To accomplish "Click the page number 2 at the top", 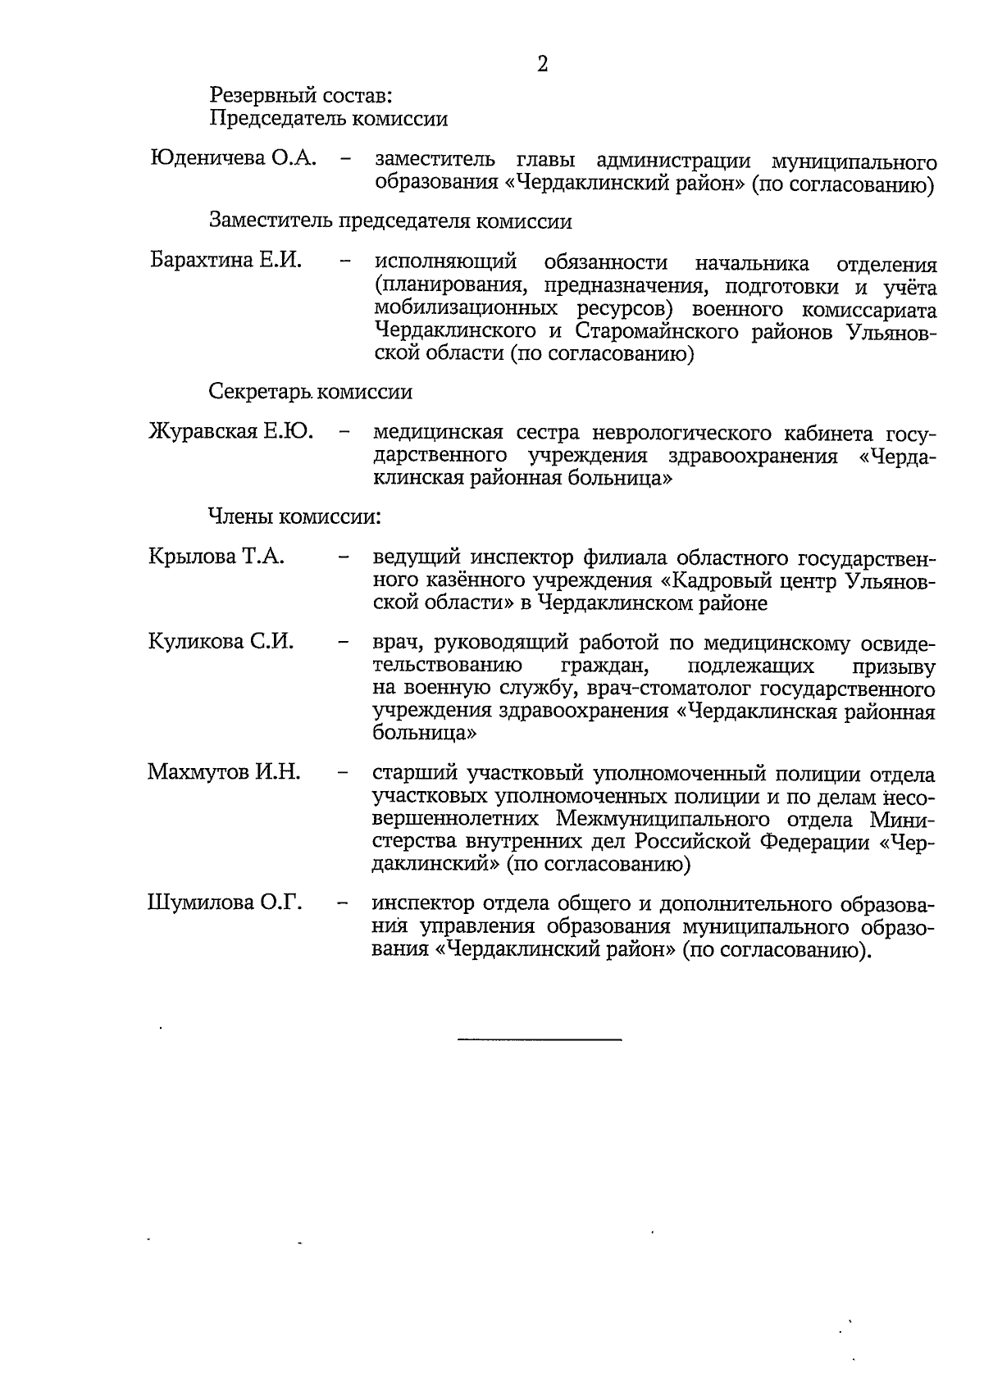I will [x=542, y=64].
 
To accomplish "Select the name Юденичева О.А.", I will [x=233, y=157].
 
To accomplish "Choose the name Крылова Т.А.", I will [x=216, y=557].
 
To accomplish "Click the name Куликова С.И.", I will [x=221, y=641].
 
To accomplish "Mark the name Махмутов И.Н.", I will [x=224, y=771].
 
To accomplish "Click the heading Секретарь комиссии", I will [x=310, y=392].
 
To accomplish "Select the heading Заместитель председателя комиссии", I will [x=390, y=221].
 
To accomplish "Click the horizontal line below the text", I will [x=540, y=1040].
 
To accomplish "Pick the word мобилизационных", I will [x=455, y=309].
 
